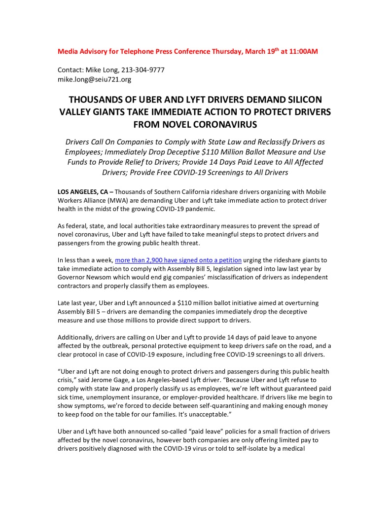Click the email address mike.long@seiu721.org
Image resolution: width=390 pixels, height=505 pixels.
(94, 79)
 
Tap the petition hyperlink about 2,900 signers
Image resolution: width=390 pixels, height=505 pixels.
(178, 260)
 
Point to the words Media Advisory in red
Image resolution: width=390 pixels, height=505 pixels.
(81, 52)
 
